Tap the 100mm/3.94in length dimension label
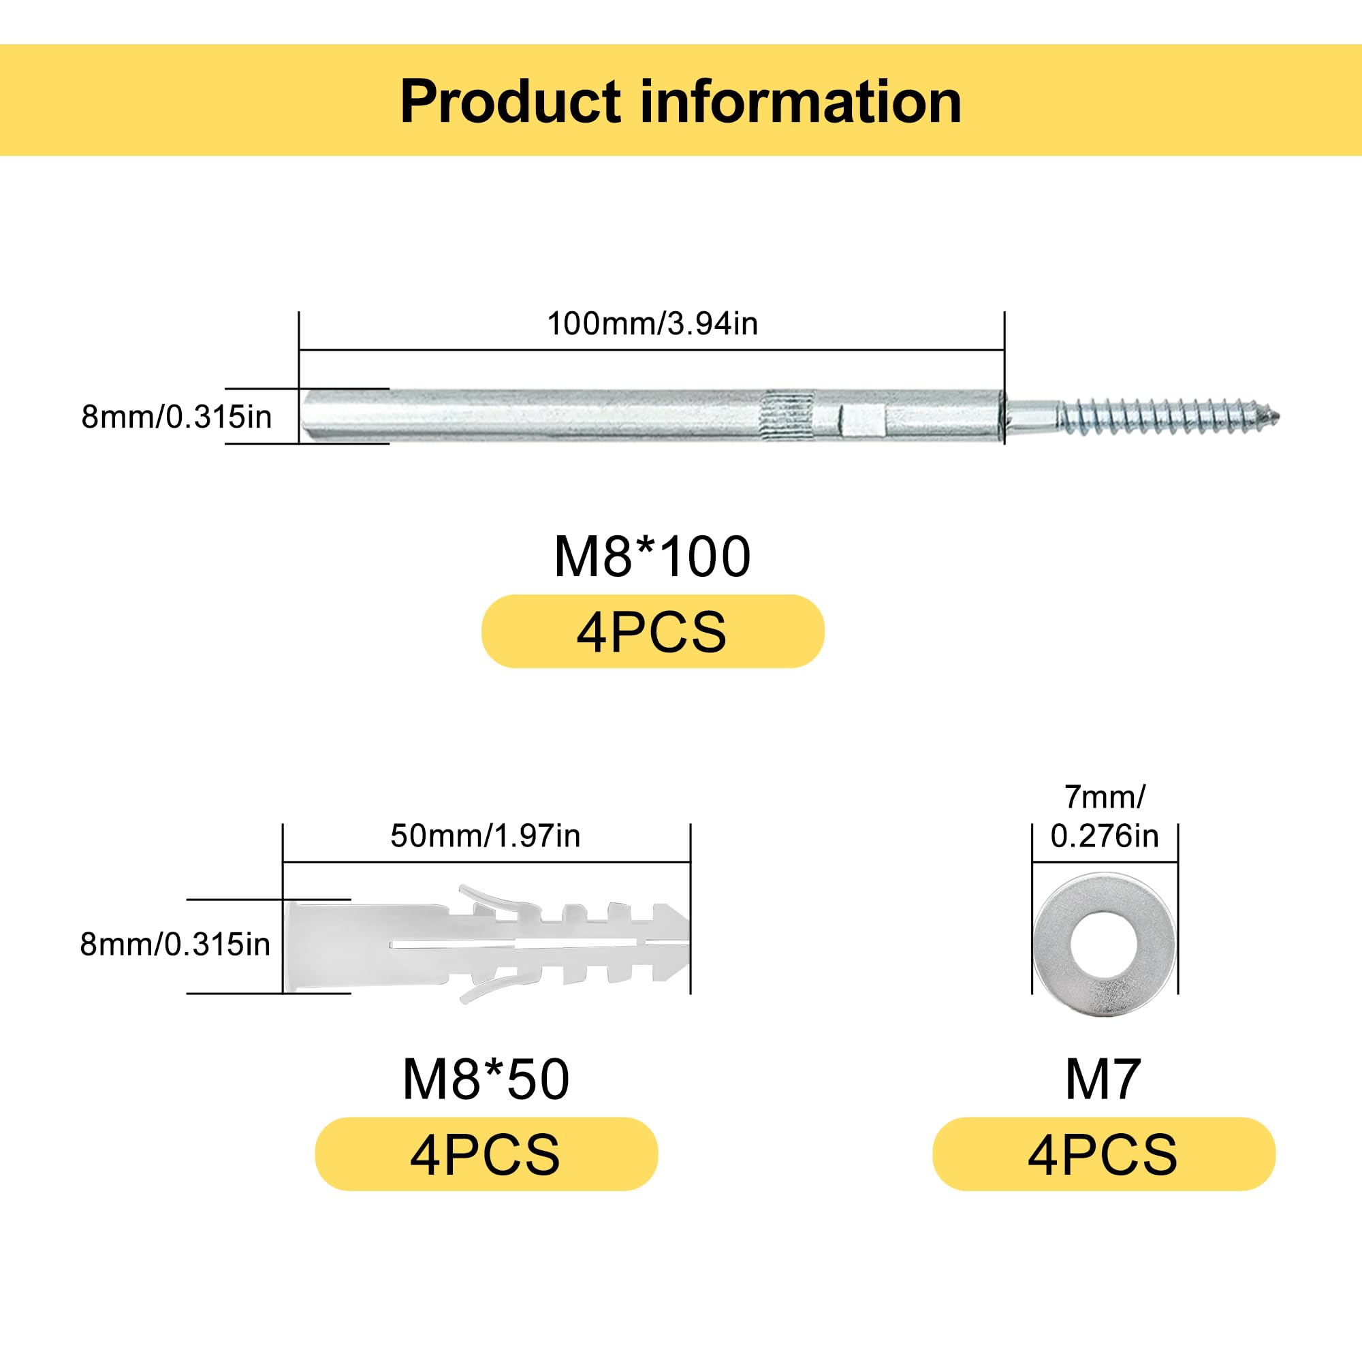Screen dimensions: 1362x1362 click(x=652, y=323)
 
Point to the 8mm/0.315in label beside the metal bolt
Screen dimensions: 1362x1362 click(x=176, y=417)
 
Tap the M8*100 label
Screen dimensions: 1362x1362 click(x=652, y=557)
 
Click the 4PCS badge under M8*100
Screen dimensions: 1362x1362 click(x=652, y=632)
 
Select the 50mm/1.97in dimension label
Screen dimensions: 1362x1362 click(x=485, y=836)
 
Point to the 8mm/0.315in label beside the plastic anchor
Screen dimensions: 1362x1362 click(x=175, y=945)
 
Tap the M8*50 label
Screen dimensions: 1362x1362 click(x=486, y=1080)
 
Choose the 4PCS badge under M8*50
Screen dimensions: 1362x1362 click(x=486, y=1155)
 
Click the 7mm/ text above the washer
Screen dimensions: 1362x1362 click(x=1105, y=797)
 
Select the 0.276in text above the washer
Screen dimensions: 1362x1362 click(x=1105, y=837)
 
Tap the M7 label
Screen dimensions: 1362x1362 click(x=1103, y=1080)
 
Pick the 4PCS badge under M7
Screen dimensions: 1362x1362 click(x=1103, y=1155)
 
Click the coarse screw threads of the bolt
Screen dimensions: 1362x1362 click(x=1163, y=417)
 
